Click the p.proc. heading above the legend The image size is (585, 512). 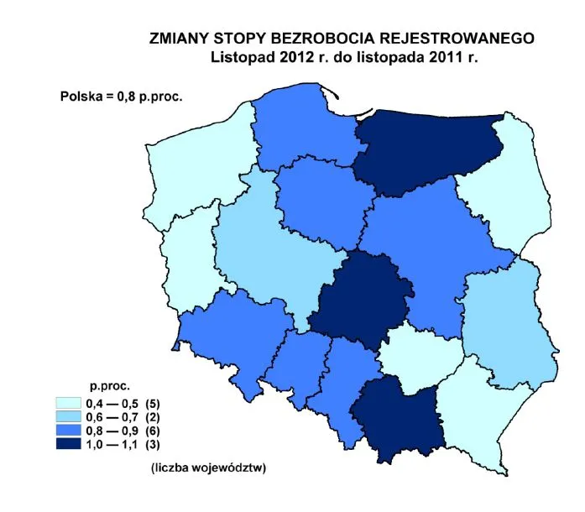click(x=109, y=387)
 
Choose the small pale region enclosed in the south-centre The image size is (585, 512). click(x=420, y=353)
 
